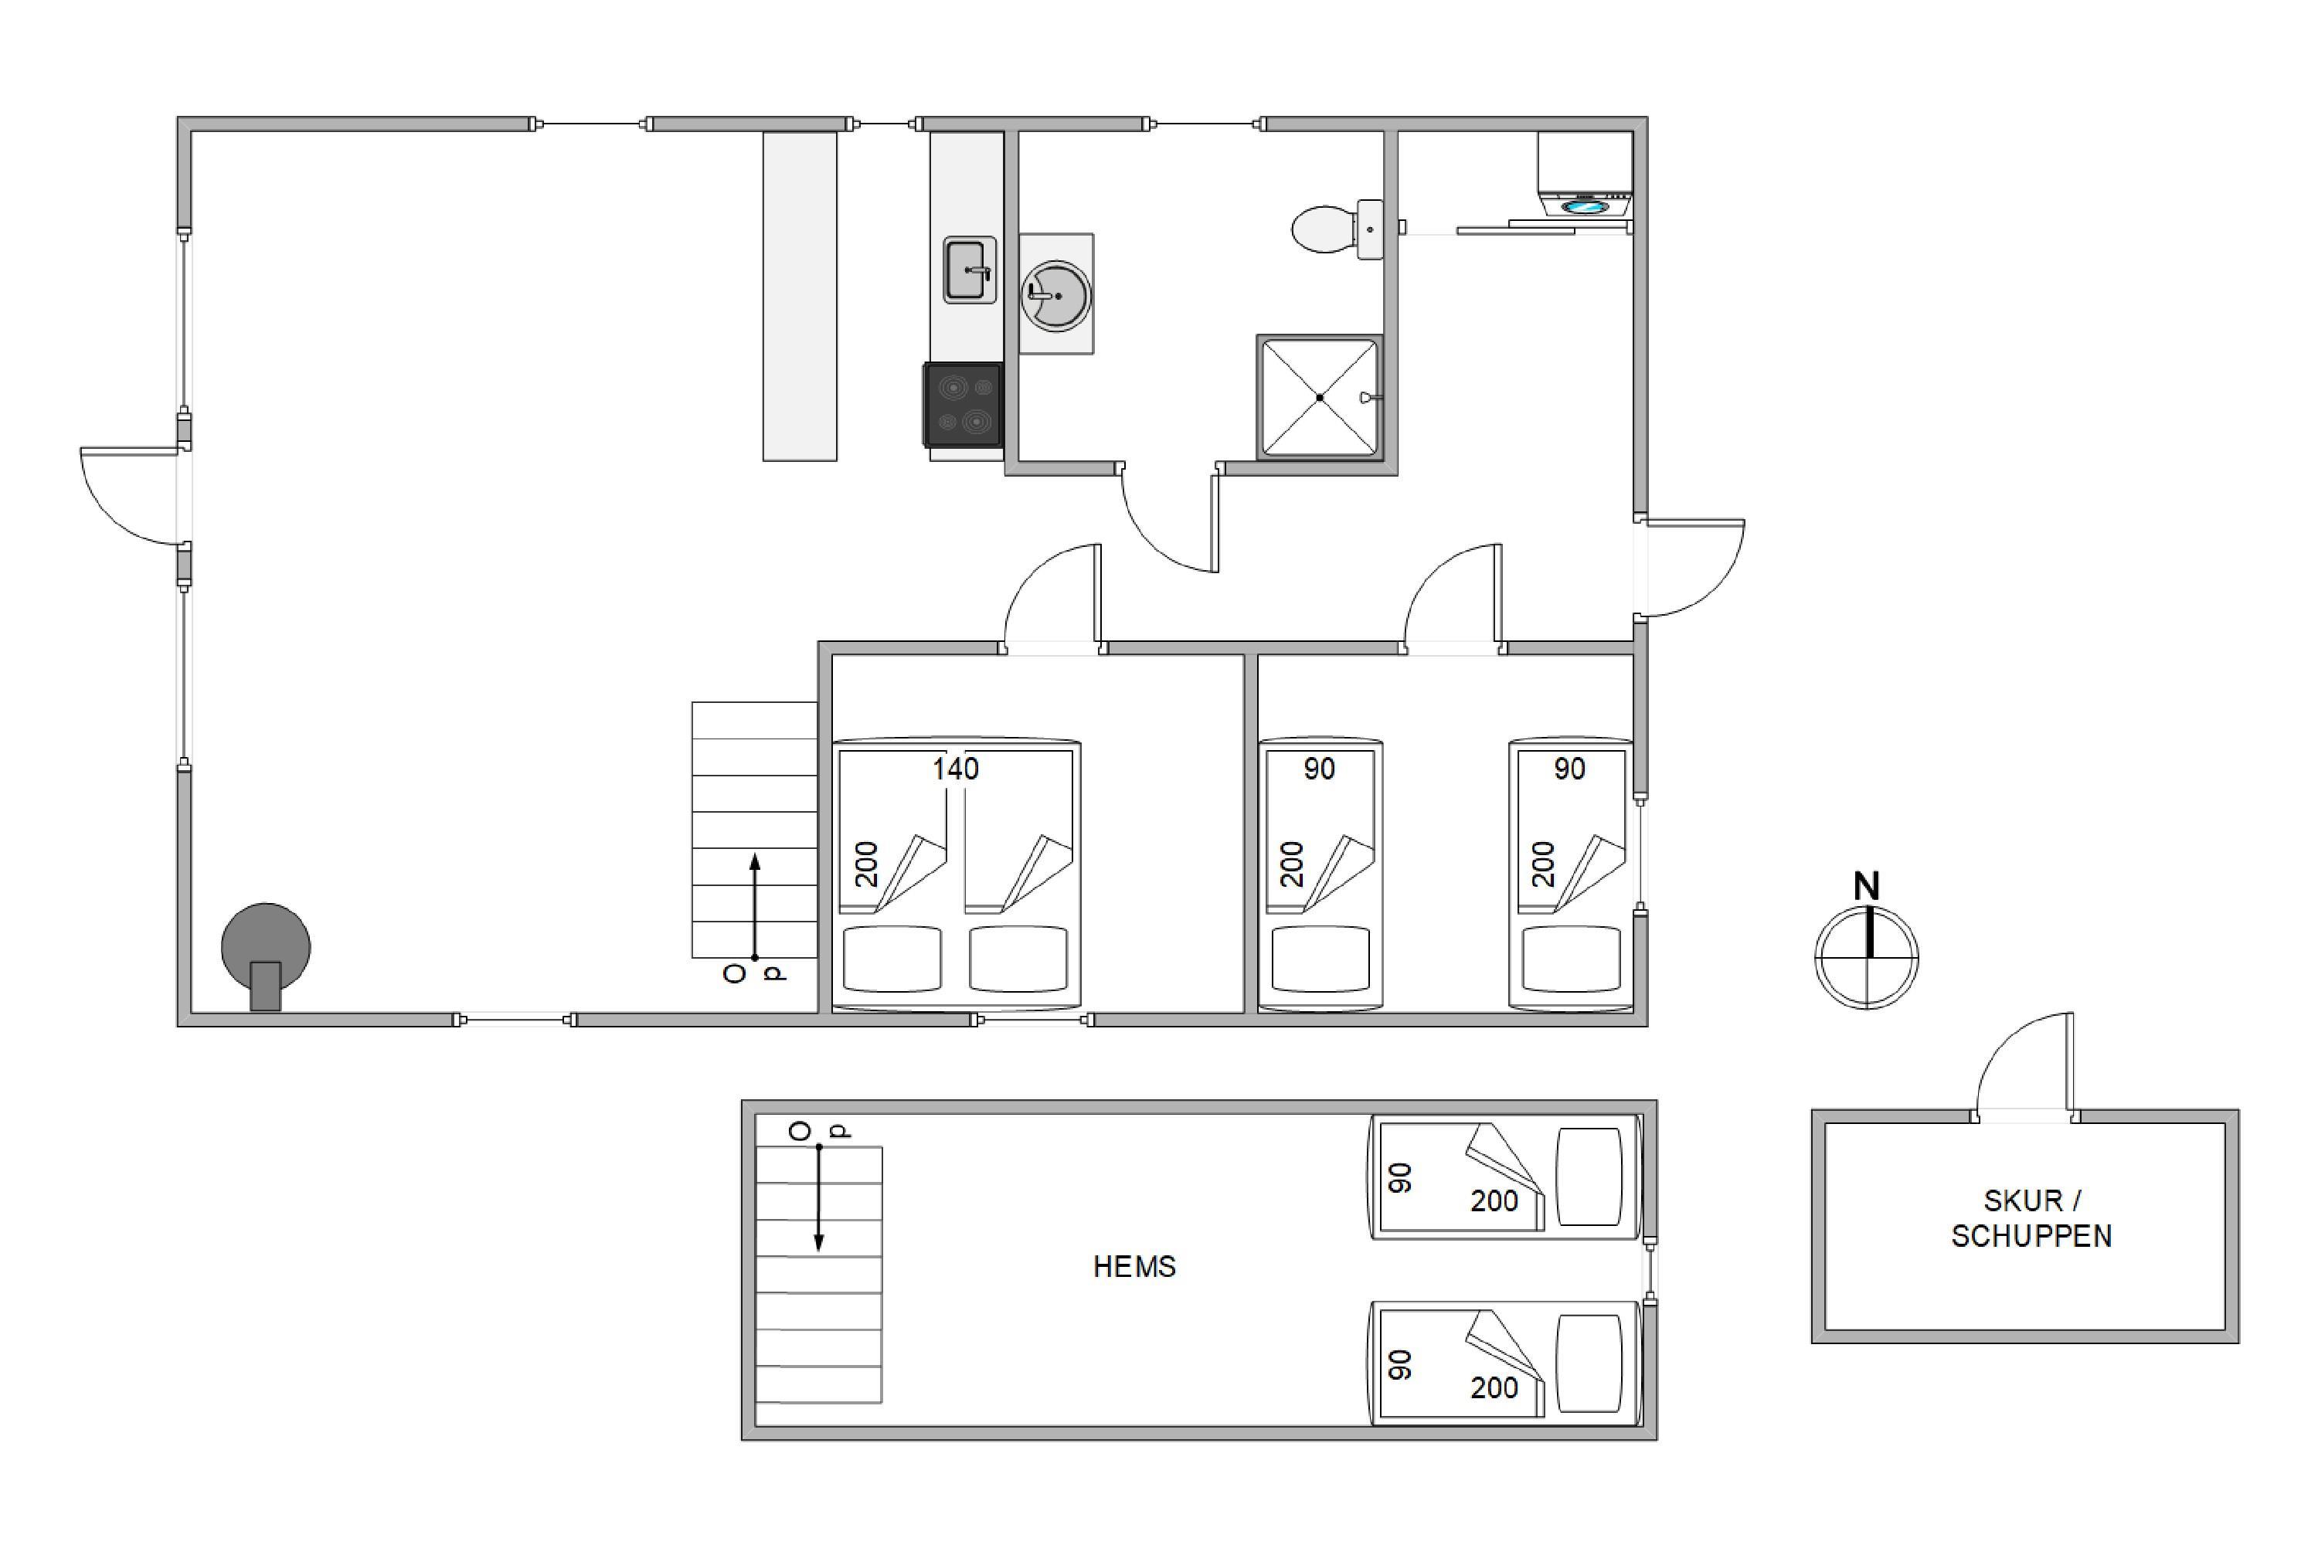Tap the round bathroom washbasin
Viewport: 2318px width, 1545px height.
point(1055,294)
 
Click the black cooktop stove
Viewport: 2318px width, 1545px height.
point(963,405)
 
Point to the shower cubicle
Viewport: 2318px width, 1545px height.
point(1320,397)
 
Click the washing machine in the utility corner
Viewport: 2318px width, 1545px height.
point(1585,175)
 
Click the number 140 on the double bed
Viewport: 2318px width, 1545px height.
point(955,769)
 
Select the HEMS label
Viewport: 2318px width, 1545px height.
point(1134,1267)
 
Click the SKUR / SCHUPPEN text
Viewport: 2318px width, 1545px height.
point(2031,1219)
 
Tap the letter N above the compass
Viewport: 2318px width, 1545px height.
point(1866,887)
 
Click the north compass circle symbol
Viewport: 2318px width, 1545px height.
point(1867,957)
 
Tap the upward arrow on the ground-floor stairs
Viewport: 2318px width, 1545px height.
point(755,906)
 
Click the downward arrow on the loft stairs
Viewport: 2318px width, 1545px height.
point(819,1198)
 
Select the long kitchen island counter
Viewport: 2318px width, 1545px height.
point(800,297)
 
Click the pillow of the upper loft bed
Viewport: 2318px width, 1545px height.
point(1589,1177)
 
